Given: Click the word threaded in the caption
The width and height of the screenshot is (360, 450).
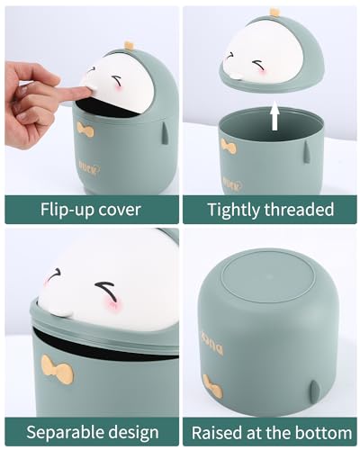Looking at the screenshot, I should pyautogui.click(x=299, y=210).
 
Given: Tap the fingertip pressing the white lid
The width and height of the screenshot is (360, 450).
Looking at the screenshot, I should pyautogui.click(x=84, y=92).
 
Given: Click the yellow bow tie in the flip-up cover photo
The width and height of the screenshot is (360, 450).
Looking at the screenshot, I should pyautogui.click(x=85, y=130).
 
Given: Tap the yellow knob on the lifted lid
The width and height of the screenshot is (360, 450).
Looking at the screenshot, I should pyautogui.click(x=274, y=12).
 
